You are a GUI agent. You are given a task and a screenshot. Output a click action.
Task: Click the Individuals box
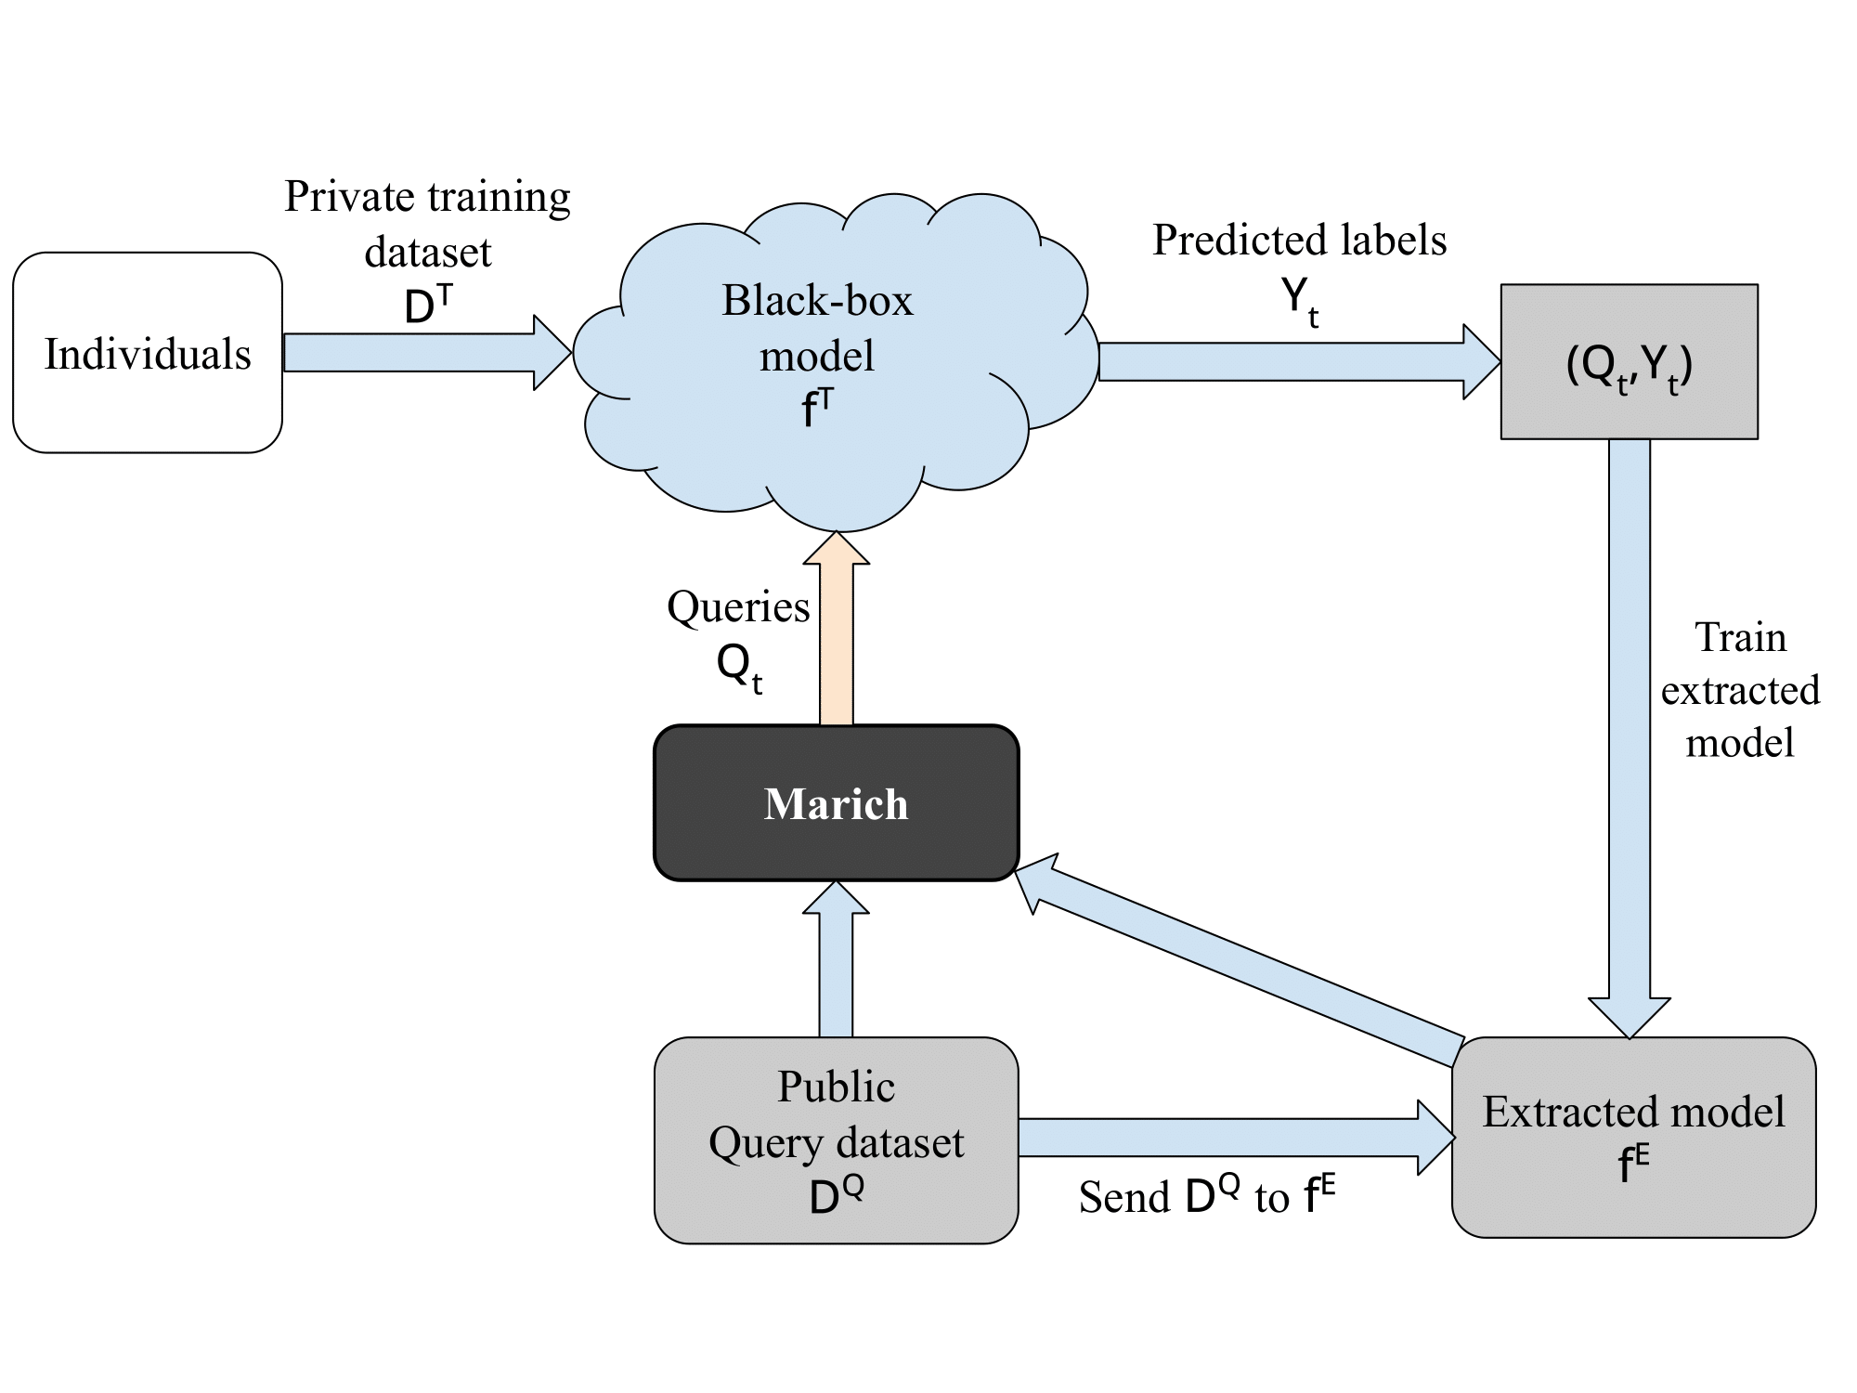click(x=148, y=353)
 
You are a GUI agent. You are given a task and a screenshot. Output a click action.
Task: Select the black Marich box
click(x=837, y=802)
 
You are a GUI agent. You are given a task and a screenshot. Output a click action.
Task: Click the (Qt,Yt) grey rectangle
click(x=1630, y=361)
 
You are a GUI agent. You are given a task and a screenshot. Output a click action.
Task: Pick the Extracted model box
click(x=1634, y=1138)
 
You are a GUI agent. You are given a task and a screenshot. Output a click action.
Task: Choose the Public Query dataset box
click(x=837, y=1140)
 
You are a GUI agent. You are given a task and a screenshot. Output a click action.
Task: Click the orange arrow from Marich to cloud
click(x=837, y=629)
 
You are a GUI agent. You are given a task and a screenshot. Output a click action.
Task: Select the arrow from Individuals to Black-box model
click(x=427, y=353)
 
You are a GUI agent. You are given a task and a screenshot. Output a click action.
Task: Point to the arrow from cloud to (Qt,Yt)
click(x=1300, y=362)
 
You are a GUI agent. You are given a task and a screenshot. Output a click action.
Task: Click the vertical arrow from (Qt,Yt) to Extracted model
click(x=1630, y=738)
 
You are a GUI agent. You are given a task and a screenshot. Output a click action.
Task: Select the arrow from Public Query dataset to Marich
click(x=837, y=958)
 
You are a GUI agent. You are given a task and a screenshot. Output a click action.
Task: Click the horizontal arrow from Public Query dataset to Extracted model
click(x=1237, y=1138)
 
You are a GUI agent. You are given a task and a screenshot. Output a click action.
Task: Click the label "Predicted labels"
click(x=1300, y=240)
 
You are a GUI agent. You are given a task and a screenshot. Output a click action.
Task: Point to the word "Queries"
click(x=738, y=607)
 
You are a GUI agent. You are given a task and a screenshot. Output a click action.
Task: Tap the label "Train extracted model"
click(x=1740, y=690)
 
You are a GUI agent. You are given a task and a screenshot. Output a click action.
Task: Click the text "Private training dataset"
click(x=427, y=224)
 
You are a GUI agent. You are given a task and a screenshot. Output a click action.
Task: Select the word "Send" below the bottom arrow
click(x=1124, y=1197)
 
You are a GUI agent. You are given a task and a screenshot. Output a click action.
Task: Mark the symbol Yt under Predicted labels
click(x=1300, y=302)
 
